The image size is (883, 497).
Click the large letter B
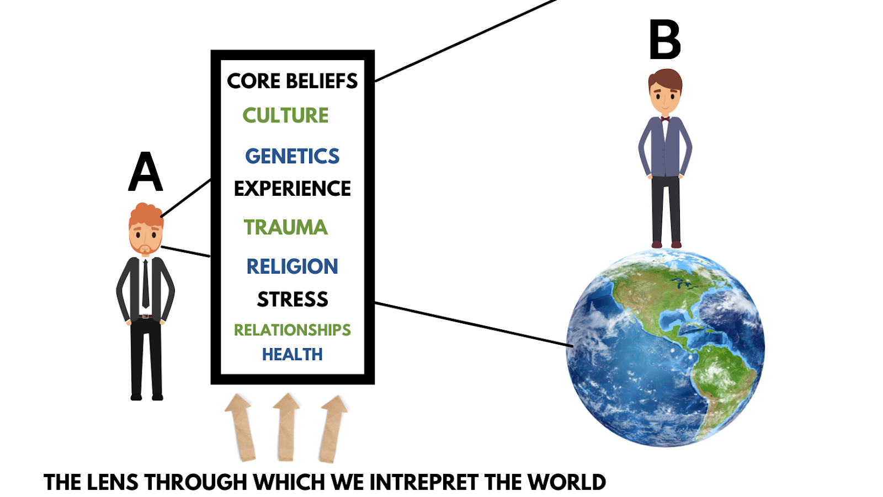tap(664, 40)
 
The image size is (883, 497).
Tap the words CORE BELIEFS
tap(292, 81)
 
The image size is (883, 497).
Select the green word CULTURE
tap(285, 115)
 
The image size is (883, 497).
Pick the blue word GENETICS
tap(292, 156)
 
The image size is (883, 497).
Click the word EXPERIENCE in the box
tap(292, 189)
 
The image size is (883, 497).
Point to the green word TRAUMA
tap(285, 227)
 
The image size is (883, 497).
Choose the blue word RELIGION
tap(292, 266)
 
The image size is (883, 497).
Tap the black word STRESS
tap(292, 299)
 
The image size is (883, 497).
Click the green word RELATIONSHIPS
tap(292, 330)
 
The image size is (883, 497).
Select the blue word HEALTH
tap(292, 354)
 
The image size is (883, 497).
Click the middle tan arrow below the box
tap(286, 427)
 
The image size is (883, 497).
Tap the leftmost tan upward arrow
tap(241, 427)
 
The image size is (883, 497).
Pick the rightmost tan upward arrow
tap(332, 428)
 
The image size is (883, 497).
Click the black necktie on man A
tap(145, 284)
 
